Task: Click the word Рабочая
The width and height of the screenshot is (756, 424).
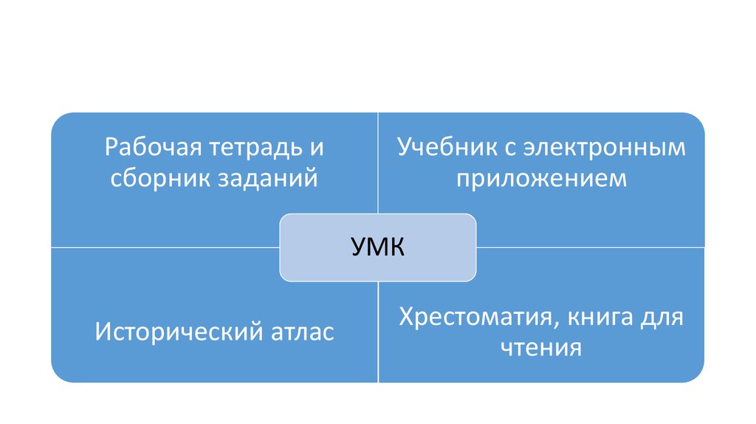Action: click(x=148, y=148)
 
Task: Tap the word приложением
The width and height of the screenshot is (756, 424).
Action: click(x=541, y=179)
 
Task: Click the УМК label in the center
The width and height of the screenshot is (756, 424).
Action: click(x=377, y=247)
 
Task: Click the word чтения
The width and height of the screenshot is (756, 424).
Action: click(x=540, y=347)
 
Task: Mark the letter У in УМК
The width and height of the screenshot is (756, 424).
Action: click(x=357, y=247)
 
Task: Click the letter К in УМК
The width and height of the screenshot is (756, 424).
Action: click(x=397, y=247)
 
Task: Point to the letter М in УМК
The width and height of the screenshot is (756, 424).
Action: click(x=377, y=247)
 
